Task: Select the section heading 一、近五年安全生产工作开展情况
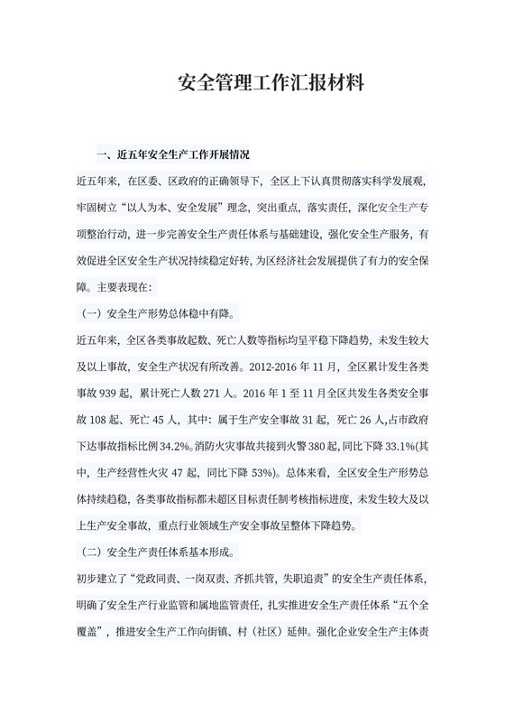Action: pos(179,154)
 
